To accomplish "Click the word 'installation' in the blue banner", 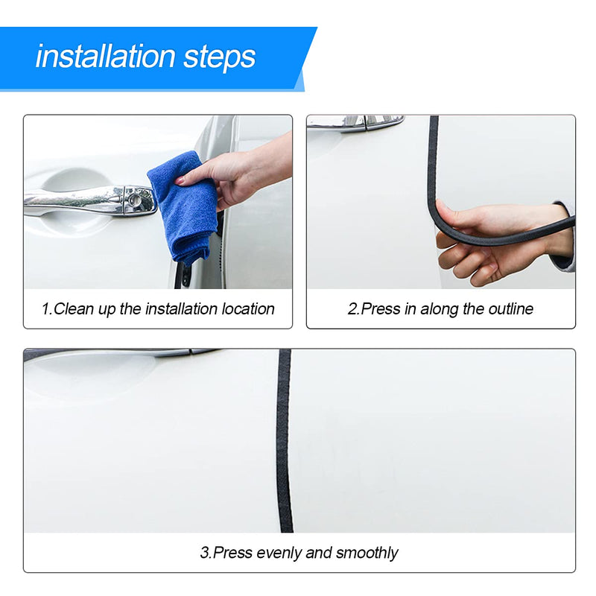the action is click(105, 57).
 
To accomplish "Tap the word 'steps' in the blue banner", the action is click(220, 58).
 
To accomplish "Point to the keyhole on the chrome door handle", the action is click(134, 199).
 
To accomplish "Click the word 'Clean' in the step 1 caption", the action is click(73, 308).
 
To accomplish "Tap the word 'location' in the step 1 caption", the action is click(248, 308).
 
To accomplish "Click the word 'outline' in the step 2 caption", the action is click(511, 308).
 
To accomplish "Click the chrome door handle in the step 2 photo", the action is click(355, 122).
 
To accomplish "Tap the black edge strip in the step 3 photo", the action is click(285, 441).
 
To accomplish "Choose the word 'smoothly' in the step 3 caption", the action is click(367, 553).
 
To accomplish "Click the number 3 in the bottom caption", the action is click(204, 553).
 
